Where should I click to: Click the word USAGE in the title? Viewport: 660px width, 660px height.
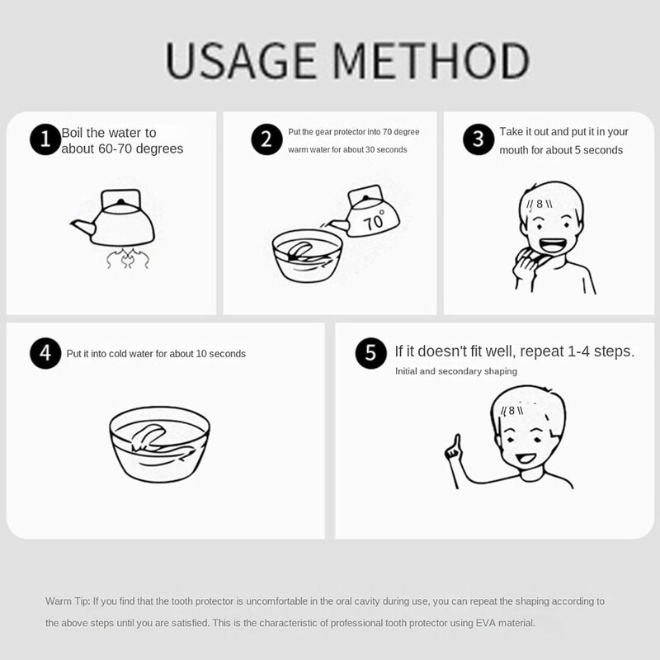tap(240, 60)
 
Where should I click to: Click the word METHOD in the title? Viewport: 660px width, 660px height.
tap(431, 60)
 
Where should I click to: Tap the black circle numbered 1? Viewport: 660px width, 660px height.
tap(45, 139)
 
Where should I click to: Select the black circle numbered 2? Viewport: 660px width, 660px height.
tap(266, 139)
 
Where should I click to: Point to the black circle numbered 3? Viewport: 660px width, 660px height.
tap(478, 139)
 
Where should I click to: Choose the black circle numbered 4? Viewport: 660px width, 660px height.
tap(45, 353)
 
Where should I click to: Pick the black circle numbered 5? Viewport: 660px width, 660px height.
tap(370, 353)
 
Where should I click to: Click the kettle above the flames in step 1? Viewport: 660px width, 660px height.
tap(113, 218)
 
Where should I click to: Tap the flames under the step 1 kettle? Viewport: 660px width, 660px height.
tap(127, 258)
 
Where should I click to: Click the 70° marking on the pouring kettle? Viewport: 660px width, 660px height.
tap(375, 220)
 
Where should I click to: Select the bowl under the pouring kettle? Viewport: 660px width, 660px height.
tap(307, 256)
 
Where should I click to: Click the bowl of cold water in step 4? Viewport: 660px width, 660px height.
tap(159, 444)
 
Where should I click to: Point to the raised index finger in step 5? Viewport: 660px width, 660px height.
tap(457, 442)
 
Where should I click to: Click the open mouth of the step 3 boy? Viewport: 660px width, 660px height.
tap(553, 245)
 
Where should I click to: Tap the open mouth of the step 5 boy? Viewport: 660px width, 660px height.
tap(526, 458)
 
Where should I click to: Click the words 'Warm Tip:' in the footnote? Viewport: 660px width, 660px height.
tap(68, 601)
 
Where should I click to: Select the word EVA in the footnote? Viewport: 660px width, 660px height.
tap(486, 623)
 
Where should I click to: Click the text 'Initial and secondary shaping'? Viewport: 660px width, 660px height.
tap(456, 371)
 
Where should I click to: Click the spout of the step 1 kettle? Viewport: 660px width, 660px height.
tap(83, 227)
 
